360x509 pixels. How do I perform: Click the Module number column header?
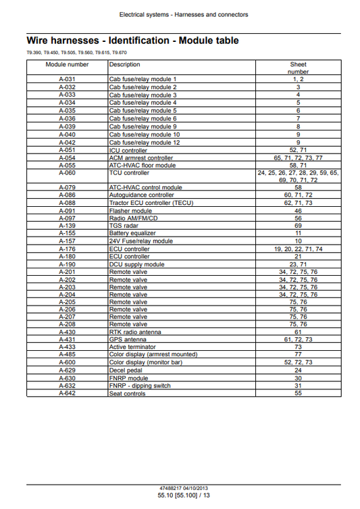[x=67, y=65]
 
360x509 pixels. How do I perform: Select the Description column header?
[x=125, y=65]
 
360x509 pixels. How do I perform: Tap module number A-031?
[x=67, y=80]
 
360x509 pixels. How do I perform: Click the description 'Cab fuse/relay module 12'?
[x=145, y=142]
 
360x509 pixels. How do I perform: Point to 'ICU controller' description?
[x=128, y=149]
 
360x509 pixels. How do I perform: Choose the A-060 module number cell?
[x=67, y=172]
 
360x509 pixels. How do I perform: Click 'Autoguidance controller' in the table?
[x=141, y=195]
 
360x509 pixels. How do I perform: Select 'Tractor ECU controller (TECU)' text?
[x=151, y=203]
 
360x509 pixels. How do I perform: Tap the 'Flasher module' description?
[x=130, y=210]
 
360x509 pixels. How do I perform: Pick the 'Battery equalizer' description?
[x=133, y=233]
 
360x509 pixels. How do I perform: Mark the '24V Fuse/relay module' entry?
[x=140, y=241]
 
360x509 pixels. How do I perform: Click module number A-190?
[x=67, y=264]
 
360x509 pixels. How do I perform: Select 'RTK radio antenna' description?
[x=135, y=333]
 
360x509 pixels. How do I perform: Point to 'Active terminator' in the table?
[x=133, y=347]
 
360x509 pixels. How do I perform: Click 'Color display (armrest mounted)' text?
[x=153, y=355]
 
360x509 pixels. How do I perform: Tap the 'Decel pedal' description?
[x=126, y=370]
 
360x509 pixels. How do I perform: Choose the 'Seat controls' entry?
[x=127, y=393]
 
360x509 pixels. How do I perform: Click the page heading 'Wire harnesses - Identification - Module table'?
[x=132, y=41]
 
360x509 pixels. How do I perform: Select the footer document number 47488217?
[x=165, y=488]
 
